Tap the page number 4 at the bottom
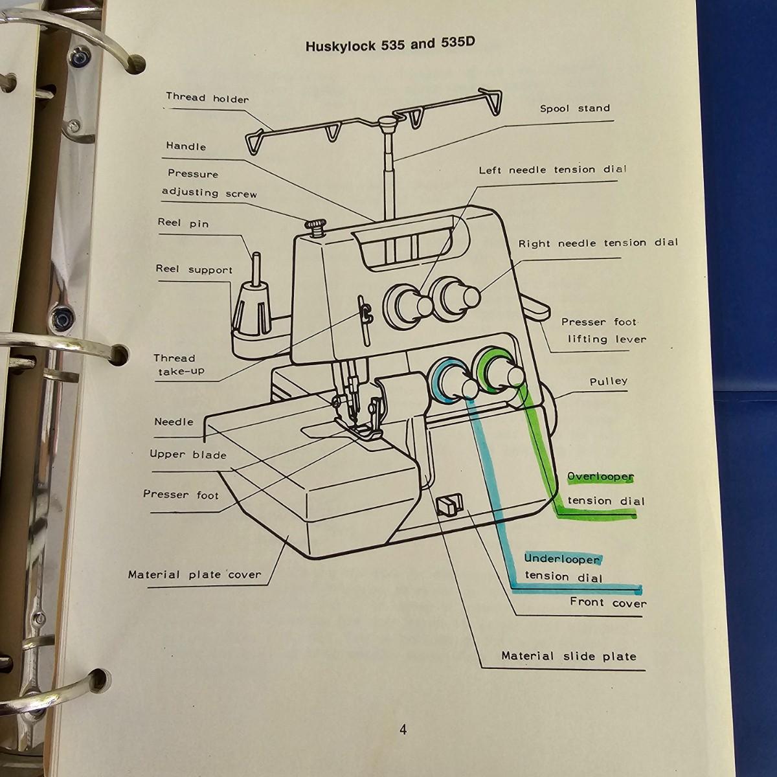(403, 730)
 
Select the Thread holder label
(207, 98)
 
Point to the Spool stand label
(574, 108)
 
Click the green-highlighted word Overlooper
(600, 477)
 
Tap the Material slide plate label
(569, 656)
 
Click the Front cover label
(607, 602)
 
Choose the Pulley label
(608, 381)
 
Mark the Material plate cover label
(194, 574)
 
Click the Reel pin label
(183, 223)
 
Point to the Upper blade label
(188, 455)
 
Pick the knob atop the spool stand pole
(387, 121)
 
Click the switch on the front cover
(446, 504)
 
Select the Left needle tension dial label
(552, 170)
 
